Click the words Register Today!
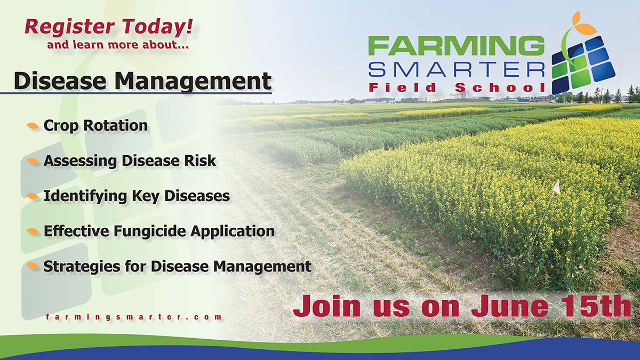(109, 27)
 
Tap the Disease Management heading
(142, 81)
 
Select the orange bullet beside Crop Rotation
(33, 126)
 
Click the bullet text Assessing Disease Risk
(130, 161)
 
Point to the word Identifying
(85, 196)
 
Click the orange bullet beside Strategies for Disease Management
(33, 266)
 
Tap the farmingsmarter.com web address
(134, 317)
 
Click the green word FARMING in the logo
(456, 46)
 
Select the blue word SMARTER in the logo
(457, 69)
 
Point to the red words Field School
(457, 87)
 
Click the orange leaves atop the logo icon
(583, 25)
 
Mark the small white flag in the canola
(556, 187)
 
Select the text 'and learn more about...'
(118, 45)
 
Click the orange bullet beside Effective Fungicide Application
(33, 231)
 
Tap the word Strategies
(82, 267)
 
